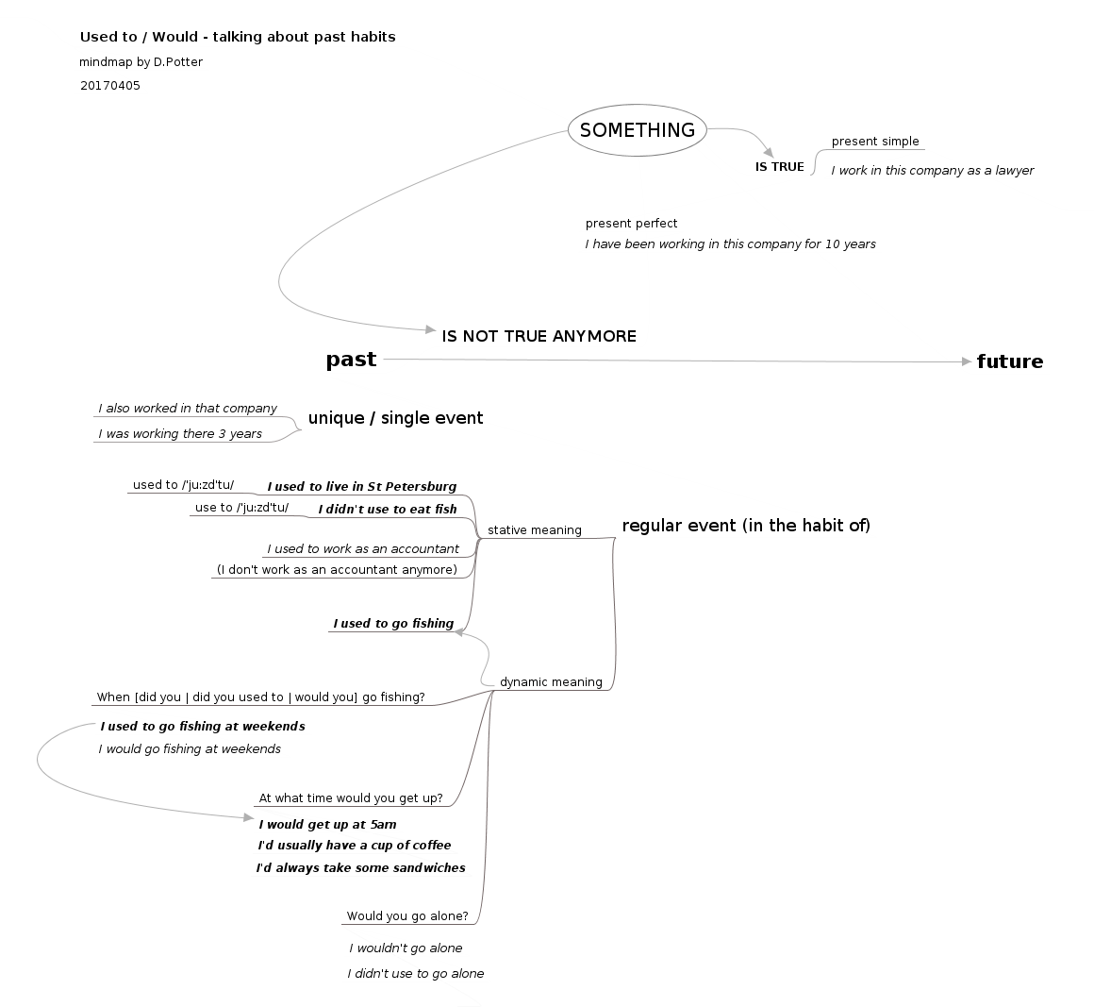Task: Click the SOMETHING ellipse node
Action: coord(638,130)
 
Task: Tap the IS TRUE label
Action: coord(779,167)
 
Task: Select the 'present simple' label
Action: coord(875,142)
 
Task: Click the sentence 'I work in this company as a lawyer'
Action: coord(932,171)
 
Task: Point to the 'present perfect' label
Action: coord(631,224)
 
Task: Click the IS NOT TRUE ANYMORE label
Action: coord(539,336)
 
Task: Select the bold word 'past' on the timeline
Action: coord(351,360)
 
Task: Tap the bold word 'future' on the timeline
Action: coord(1009,361)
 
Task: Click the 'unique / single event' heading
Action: coord(395,418)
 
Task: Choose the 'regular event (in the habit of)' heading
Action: coord(745,526)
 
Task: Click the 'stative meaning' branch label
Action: coord(534,530)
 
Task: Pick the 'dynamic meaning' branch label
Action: coord(551,682)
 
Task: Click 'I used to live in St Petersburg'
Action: coord(361,487)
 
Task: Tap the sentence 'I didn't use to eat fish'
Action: coord(387,510)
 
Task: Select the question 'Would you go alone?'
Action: coord(406,916)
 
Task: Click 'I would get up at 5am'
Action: coord(327,825)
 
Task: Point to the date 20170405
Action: coord(109,86)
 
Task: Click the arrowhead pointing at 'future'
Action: coord(967,361)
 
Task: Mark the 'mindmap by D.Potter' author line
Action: coord(141,62)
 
